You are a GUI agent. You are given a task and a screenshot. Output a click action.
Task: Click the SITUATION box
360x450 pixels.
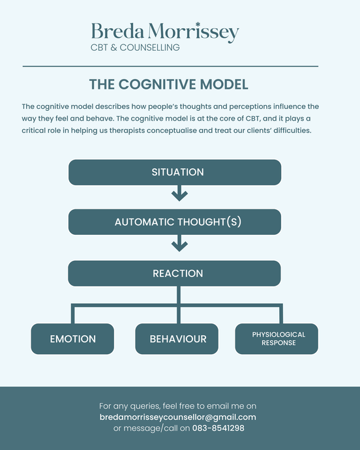(175, 172)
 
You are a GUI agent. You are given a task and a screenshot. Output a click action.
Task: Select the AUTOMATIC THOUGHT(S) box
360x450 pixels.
(175, 222)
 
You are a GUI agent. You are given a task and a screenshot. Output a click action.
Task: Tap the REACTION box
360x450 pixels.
(175, 273)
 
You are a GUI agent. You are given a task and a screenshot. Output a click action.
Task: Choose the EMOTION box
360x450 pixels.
(72, 339)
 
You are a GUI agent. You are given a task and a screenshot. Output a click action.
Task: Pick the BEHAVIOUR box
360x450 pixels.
(177, 339)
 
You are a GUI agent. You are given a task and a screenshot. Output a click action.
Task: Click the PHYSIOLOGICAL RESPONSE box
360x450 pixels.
(277, 339)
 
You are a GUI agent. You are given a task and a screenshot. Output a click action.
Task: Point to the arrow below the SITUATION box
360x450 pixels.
(179, 193)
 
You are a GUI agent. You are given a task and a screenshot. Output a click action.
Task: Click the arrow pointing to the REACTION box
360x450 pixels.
(179, 243)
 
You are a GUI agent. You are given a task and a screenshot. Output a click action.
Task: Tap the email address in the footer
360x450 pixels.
(177, 417)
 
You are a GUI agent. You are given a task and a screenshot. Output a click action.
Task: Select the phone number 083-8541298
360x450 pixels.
(218, 428)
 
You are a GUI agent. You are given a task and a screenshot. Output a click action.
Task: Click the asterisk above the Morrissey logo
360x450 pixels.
(198, 25)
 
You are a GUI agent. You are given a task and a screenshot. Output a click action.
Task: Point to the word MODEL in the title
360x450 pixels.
(224, 84)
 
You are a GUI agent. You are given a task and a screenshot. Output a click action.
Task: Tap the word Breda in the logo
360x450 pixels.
(117, 31)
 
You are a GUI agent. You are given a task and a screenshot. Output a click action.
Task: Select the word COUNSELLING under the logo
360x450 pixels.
(149, 48)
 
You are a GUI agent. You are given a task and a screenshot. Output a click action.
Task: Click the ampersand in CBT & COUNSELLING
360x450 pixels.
(113, 48)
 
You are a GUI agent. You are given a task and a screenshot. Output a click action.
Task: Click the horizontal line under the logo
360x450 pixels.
(170, 67)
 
